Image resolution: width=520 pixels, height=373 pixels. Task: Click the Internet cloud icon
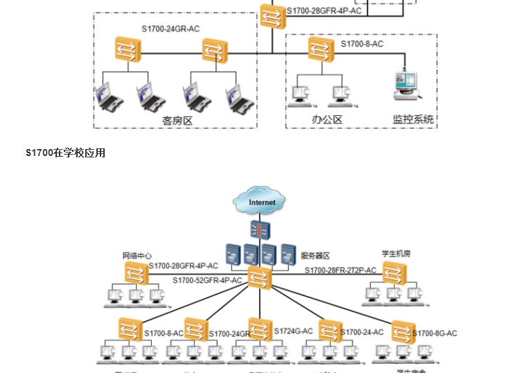click(261, 202)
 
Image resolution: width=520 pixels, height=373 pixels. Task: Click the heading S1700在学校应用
click(65, 153)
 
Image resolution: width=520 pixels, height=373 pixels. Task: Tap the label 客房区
click(176, 120)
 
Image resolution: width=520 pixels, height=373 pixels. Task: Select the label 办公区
click(327, 119)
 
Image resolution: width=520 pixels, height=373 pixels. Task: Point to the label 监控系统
click(413, 119)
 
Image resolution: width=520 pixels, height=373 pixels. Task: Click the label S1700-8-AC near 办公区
click(362, 44)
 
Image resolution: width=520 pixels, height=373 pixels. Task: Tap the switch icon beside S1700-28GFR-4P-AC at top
click(270, 14)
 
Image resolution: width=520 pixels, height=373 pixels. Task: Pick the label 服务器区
click(315, 256)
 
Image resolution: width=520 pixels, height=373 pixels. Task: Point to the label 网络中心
click(137, 255)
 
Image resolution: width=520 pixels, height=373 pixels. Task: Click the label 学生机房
click(396, 253)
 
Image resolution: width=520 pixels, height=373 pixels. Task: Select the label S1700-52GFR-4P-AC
click(207, 280)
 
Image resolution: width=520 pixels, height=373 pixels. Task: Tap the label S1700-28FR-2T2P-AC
click(340, 270)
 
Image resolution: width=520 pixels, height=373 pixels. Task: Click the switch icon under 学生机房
click(394, 275)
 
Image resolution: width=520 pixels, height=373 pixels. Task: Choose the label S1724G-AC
click(294, 331)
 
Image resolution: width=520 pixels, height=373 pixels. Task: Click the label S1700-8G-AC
click(435, 333)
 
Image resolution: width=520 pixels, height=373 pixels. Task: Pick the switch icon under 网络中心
click(136, 273)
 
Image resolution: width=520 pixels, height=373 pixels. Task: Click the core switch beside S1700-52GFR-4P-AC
click(258, 277)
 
